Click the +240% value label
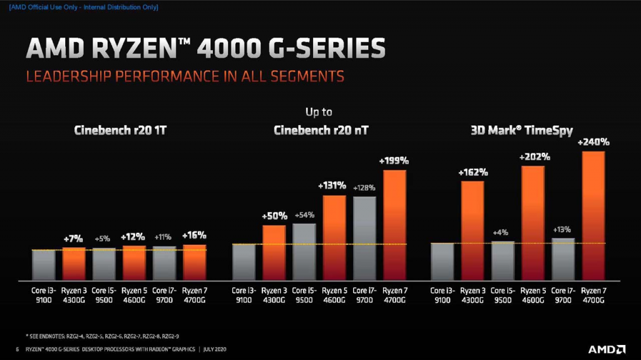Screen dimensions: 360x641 click(593, 143)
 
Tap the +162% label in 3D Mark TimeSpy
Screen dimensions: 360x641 click(473, 172)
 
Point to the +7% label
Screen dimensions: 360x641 click(73, 239)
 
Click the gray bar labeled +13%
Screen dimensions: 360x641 click(563, 258)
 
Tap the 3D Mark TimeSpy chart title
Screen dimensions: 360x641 click(521, 131)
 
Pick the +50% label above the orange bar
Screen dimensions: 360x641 click(274, 216)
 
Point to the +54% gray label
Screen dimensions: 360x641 click(304, 215)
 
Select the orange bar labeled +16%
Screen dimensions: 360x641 click(194, 262)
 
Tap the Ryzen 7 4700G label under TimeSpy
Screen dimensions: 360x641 click(593, 296)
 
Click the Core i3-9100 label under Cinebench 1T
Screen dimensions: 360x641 click(43, 296)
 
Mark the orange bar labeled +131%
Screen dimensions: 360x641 click(334, 237)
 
